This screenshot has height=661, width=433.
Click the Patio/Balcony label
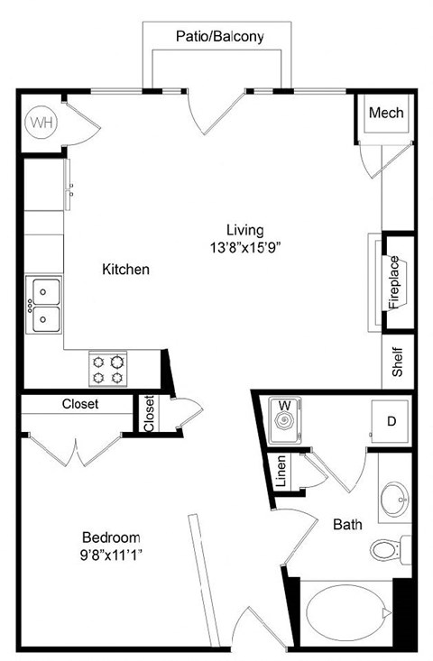click(219, 37)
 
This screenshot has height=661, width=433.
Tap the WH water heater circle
click(41, 120)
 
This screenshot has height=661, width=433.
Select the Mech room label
click(386, 114)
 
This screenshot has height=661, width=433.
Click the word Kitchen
click(125, 269)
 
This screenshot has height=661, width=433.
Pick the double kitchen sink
click(44, 304)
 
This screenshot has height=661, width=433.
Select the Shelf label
click(397, 360)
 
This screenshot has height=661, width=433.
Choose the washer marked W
click(287, 419)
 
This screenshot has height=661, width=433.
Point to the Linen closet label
click(281, 472)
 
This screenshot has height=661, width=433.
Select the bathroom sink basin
click(395, 497)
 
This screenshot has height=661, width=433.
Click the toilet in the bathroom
click(388, 548)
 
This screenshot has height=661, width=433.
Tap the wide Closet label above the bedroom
click(80, 404)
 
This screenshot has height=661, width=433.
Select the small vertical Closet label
click(150, 414)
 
